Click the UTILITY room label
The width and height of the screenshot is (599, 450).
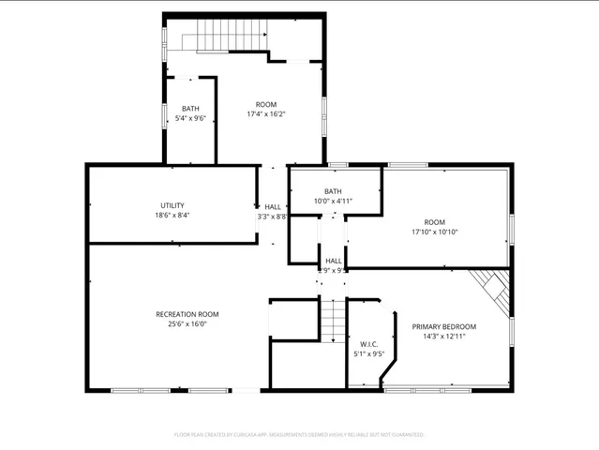point(172,205)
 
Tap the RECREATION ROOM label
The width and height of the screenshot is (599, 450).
point(187,314)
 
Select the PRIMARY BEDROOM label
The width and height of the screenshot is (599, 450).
point(444,326)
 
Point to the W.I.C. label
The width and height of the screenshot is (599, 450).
point(367,344)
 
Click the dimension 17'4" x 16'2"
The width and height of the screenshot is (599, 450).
point(265,114)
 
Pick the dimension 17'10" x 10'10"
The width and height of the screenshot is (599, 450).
point(434,232)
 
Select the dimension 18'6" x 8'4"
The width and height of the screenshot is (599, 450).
point(172,215)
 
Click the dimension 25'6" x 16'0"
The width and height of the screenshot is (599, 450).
point(187,324)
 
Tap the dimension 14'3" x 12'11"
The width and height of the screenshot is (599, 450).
point(444,337)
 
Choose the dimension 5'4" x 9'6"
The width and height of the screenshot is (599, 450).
point(190,118)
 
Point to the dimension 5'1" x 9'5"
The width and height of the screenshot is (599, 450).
point(367,354)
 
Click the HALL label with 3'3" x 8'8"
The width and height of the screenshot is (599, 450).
point(273,207)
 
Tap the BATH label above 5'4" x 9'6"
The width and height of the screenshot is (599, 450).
point(190,109)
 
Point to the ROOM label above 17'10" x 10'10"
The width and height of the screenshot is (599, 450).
point(434,222)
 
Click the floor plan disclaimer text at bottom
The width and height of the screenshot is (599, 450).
point(299,435)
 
